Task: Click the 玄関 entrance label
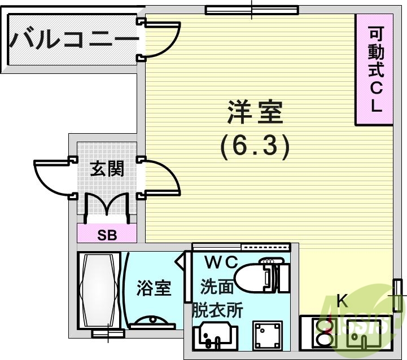click(106, 169)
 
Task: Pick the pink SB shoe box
click(107, 234)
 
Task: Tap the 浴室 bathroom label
click(154, 288)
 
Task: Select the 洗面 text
click(217, 287)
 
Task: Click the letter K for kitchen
click(342, 301)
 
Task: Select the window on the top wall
click(251, 9)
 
